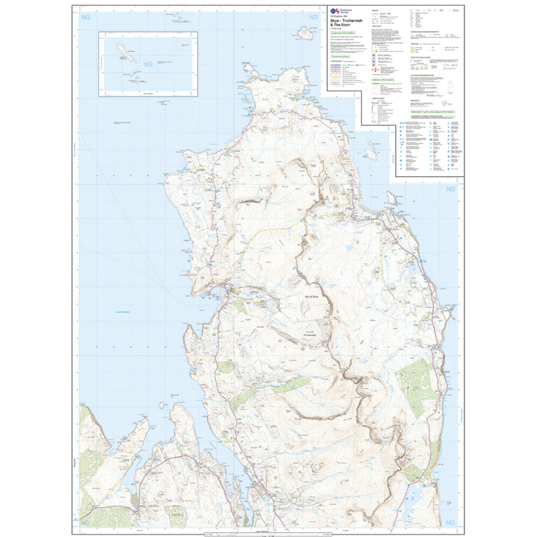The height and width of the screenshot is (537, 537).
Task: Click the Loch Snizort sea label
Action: pyautogui.click(x=122, y=312)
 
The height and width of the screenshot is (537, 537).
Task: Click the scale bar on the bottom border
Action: pyautogui.click(x=268, y=534)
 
